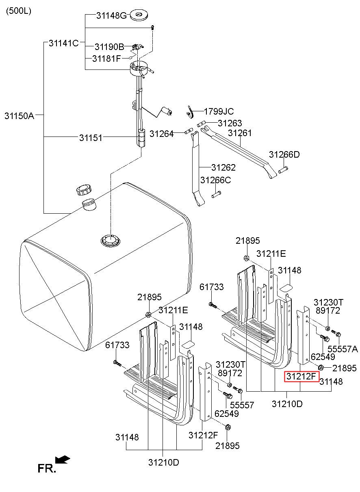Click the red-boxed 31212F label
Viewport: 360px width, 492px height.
301,377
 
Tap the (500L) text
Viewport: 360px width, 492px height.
18,11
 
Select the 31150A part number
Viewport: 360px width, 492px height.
19,115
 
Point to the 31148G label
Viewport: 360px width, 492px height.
111,16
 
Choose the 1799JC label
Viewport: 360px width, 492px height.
219,111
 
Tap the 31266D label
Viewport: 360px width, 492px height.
284,154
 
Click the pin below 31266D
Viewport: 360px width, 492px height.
283,169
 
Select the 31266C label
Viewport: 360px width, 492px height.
215,180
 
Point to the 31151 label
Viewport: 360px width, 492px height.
91,138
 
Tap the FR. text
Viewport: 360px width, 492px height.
46,468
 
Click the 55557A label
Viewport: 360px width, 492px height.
342,349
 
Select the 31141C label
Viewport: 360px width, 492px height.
63,43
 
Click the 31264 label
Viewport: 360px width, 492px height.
161,133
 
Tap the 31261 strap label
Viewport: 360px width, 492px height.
240,133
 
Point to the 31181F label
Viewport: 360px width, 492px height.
106,59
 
